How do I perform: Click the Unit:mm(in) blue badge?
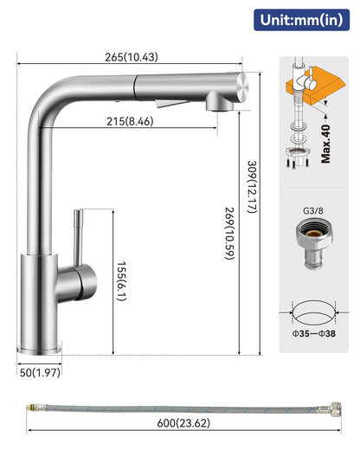(301, 20)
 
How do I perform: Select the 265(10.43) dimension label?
(132, 57)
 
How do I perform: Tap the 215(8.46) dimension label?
(130, 121)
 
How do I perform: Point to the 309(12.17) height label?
(252, 187)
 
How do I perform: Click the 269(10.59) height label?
(229, 233)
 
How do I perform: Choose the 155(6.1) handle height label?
(121, 281)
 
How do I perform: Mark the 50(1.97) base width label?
(40, 372)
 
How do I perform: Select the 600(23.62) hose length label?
(183, 423)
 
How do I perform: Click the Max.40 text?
(325, 144)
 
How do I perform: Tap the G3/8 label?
(313, 211)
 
